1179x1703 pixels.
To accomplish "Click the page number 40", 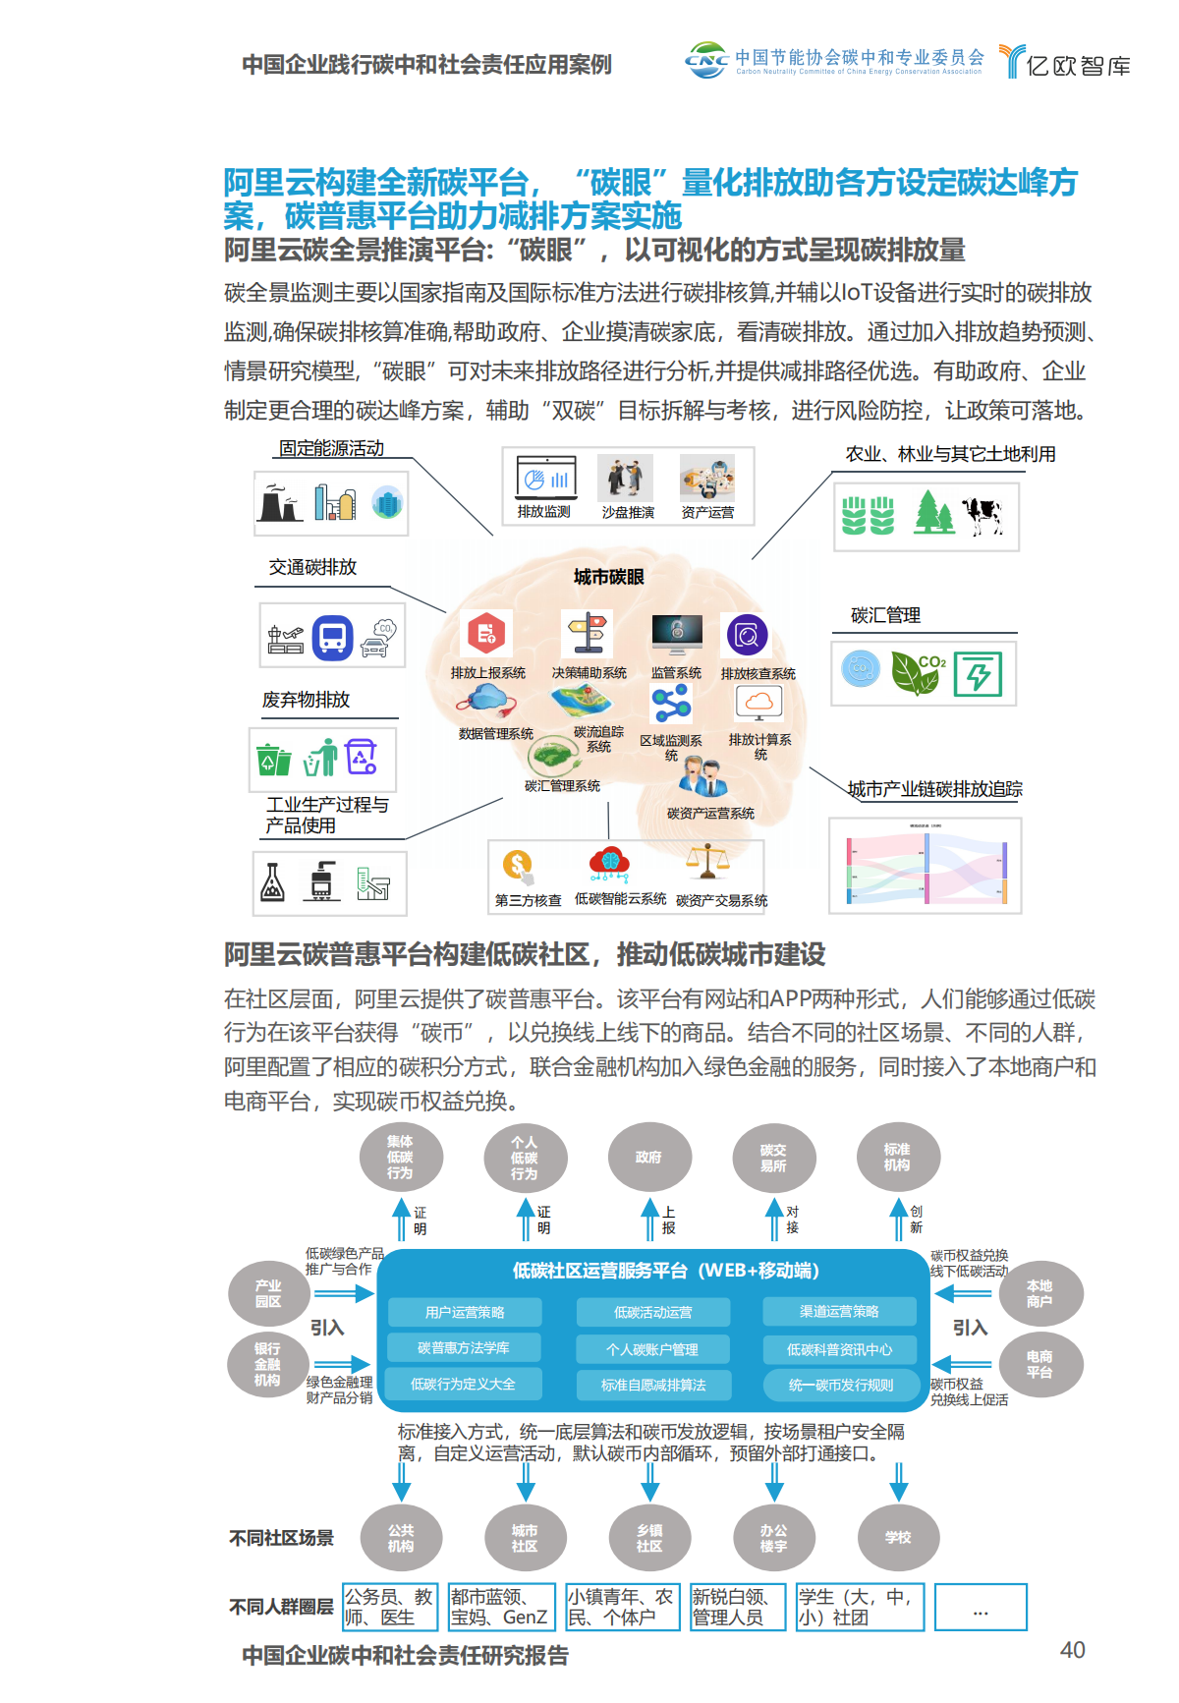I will pyautogui.click(x=1072, y=1650).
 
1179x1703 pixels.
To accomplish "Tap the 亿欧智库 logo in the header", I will pyautogui.click(x=1065, y=63).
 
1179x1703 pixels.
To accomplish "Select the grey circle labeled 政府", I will pyautogui.click(x=648, y=1157).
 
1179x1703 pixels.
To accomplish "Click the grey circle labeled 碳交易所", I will pyautogui.click(x=773, y=1157).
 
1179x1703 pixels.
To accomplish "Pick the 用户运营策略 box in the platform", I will pyautogui.click(x=465, y=1312).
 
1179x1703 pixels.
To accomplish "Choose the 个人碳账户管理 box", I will pyautogui.click(x=652, y=1349).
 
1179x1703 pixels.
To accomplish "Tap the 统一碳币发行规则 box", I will pyautogui.click(x=840, y=1385).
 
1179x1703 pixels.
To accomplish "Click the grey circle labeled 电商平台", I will pyautogui.click(x=1039, y=1364).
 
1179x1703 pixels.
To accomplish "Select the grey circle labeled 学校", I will pyautogui.click(x=898, y=1537).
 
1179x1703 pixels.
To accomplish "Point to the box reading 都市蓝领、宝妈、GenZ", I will pyautogui.click(x=501, y=1607).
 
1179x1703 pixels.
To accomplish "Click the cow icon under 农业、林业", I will pyautogui.click(x=982, y=514).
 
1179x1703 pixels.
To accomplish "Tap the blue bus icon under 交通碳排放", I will pyautogui.click(x=332, y=637).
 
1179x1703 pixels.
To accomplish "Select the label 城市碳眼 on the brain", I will pyautogui.click(x=609, y=577).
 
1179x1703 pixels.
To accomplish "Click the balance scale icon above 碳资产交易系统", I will pyautogui.click(x=707, y=862).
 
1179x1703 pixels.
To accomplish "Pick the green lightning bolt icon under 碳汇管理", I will pyautogui.click(x=978, y=674).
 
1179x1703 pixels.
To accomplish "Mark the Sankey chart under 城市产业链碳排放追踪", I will pyautogui.click(x=926, y=866).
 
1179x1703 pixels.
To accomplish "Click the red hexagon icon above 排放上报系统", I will pyautogui.click(x=486, y=634).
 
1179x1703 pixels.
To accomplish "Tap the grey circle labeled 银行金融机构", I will pyautogui.click(x=267, y=1364).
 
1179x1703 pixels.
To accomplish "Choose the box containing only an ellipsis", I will pyautogui.click(x=980, y=1608).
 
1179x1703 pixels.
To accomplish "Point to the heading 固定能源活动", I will pyautogui.click(x=331, y=448).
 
